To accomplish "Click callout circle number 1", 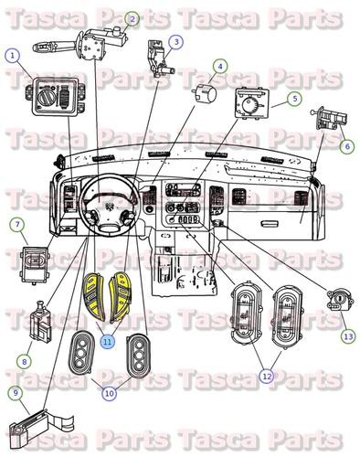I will pos(12,55).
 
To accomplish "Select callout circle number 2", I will pos(132,18).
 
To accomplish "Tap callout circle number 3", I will pos(175,41).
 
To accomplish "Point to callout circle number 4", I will pos(219,66).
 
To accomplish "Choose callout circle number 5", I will pos(295,99).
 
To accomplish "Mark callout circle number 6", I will pos(346,145).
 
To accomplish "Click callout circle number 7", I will pos(16,224).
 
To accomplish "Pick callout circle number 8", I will pos(24,361).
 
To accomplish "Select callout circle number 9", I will pos(16,393).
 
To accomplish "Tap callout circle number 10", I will pos(109,394).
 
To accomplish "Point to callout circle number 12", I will pos(267,374).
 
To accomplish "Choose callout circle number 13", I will pos(347,336).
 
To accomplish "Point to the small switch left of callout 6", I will pos(327,119).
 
